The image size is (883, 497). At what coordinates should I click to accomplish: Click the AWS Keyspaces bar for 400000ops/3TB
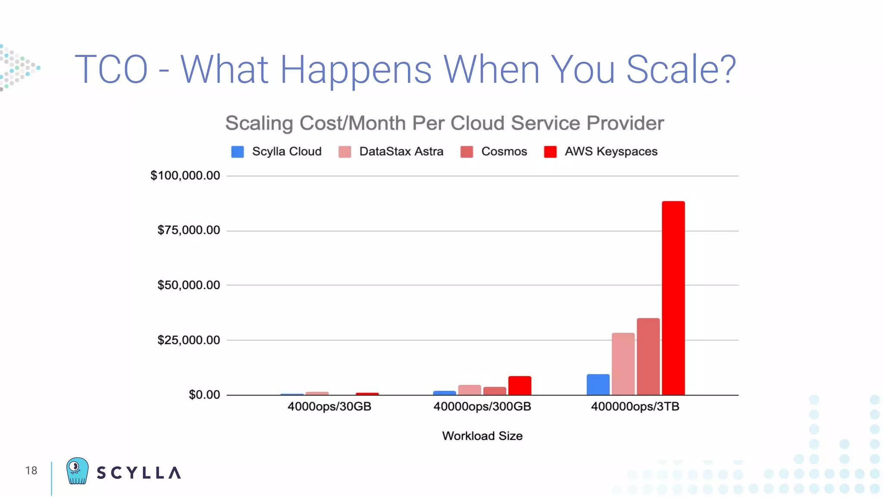[673, 298]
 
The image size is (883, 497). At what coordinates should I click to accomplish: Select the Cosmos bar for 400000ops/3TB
[648, 356]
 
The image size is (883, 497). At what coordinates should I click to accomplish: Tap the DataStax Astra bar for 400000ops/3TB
[623, 364]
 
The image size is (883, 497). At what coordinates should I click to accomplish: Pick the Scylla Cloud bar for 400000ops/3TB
[598, 384]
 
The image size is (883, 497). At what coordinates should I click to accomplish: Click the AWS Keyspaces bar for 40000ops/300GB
[520, 385]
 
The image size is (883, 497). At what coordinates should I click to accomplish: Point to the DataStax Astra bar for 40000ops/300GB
[470, 390]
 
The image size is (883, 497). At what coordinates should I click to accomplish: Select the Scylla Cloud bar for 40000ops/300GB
[445, 393]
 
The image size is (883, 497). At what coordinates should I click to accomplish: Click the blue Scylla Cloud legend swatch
[238, 152]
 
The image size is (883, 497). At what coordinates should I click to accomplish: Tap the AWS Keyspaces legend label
[611, 151]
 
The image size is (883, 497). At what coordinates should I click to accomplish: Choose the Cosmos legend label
[504, 151]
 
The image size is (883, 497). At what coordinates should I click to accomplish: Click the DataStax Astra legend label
[401, 151]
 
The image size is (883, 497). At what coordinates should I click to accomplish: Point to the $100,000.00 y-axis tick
[185, 176]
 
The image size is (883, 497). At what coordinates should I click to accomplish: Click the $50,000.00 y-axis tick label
[188, 285]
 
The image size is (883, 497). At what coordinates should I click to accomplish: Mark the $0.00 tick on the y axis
[204, 395]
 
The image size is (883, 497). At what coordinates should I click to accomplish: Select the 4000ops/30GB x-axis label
[329, 406]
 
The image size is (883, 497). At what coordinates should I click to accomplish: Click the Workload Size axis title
[482, 436]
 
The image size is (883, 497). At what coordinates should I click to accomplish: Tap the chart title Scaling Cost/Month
[444, 123]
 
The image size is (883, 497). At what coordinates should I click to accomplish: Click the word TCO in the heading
[111, 69]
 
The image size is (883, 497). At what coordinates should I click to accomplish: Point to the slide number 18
[31, 471]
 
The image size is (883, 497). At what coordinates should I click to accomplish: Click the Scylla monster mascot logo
[77, 471]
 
